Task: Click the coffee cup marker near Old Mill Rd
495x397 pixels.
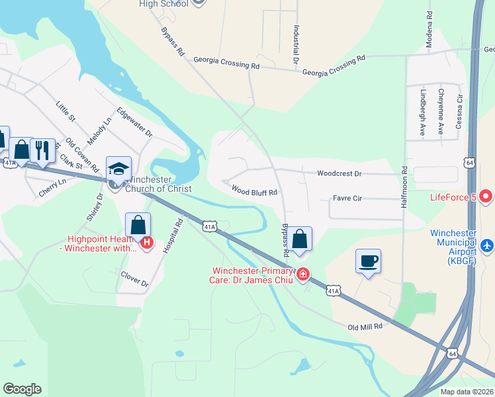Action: pos(368,261)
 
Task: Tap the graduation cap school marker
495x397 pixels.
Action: pos(118,169)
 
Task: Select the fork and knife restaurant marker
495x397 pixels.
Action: pos(42,150)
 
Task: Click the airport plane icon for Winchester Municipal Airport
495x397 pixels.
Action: pos(488,245)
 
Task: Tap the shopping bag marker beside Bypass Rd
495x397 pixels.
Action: pos(300,239)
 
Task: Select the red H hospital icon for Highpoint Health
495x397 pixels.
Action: pos(147,243)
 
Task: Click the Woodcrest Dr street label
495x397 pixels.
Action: pos(339,174)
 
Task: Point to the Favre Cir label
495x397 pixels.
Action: pos(347,198)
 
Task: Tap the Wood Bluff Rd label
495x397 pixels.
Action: pos(253,190)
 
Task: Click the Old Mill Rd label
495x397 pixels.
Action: pos(365,326)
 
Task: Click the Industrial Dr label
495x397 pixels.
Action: pos(296,45)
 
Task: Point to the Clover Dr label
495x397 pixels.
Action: pos(134,280)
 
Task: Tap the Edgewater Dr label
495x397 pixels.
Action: pos(134,122)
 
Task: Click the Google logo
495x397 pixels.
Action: pos(22,389)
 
